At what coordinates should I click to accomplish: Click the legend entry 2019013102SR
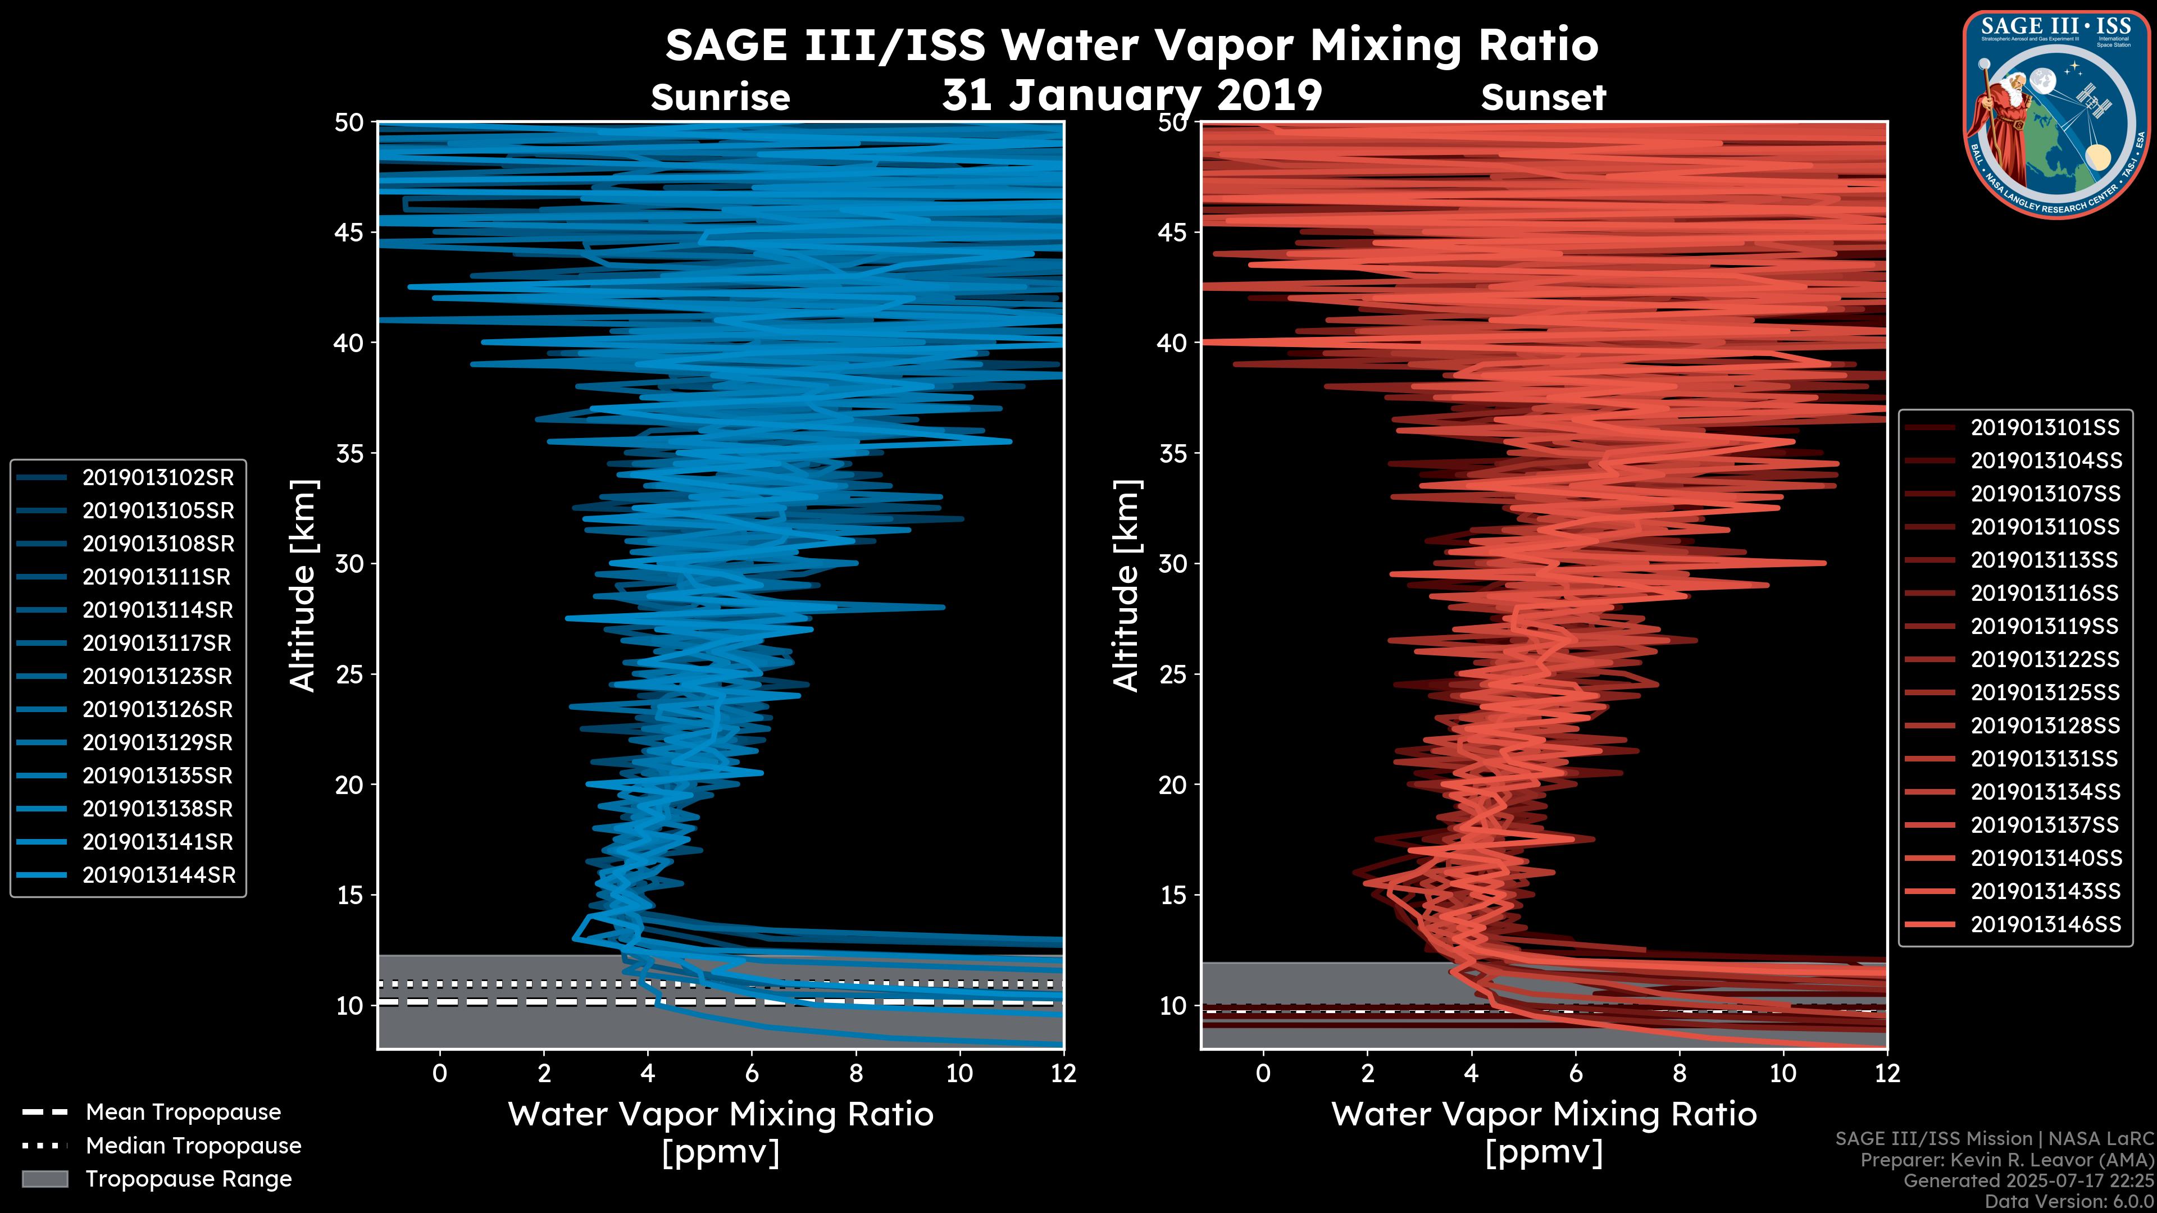pyautogui.click(x=157, y=478)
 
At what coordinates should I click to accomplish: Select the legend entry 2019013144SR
pyautogui.click(x=157, y=875)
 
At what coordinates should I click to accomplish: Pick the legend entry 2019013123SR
pyautogui.click(x=157, y=676)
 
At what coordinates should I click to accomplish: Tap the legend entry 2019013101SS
pyautogui.click(x=2045, y=428)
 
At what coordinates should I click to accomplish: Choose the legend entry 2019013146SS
pyautogui.click(x=2045, y=924)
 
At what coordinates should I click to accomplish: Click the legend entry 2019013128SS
pyautogui.click(x=2045, y=726)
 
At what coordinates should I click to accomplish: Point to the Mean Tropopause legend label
pyautogui.click(x=183, y=1112)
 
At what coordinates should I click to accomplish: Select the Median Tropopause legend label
pyautogui.click(x=193, y=1146)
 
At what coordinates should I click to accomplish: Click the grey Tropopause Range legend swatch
pyautogui.click(x=44, y=1179)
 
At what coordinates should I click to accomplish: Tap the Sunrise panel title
pyautogui.click(x=720, y=98)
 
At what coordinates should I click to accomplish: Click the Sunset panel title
pyautogui.click(x=1542, y=98)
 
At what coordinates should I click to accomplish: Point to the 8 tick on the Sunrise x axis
pyautogui.click(x=855, y=1073)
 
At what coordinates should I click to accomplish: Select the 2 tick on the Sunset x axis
pyautogui.click(x=1367, y=1073)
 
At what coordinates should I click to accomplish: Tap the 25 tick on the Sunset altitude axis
pyautogui.click(x=1172, y=674)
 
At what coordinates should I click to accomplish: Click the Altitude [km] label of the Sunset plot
pyautogui.click(x=1127, y=586)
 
